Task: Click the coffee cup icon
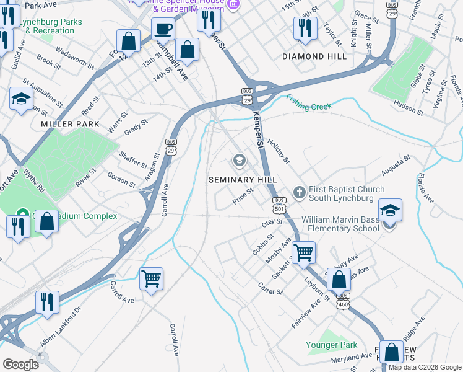[163, 29]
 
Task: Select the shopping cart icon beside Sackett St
[303, 252]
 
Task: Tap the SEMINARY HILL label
[242, 179]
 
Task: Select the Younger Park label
[332, 345]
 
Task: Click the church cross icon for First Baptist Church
[299, 193]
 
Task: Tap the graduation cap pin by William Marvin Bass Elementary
[389, 211]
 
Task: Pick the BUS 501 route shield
[279, 204]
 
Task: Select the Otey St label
[272, 223]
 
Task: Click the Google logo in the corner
[20, 364]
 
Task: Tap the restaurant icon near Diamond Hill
[305, 29]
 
